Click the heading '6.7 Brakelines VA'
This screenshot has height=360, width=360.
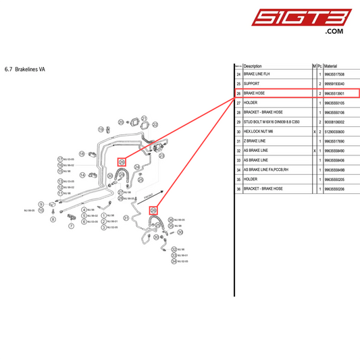click(24, 69)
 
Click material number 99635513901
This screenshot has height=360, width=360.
click(334, 93)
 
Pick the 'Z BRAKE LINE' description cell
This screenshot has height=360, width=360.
click(257, 140)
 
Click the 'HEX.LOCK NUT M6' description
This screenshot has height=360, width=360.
click(260, 131)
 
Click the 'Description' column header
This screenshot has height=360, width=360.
click(252, 66)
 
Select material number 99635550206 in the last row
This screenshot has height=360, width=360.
click(334, 189)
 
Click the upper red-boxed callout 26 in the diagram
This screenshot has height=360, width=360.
click(122, 161)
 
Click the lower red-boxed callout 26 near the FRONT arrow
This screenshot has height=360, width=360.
click(153, 211)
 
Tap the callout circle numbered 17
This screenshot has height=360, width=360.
click(60, 159)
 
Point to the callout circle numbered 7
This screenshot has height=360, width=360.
click(71, 227)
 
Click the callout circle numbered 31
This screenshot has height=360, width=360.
click(125, 218)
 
